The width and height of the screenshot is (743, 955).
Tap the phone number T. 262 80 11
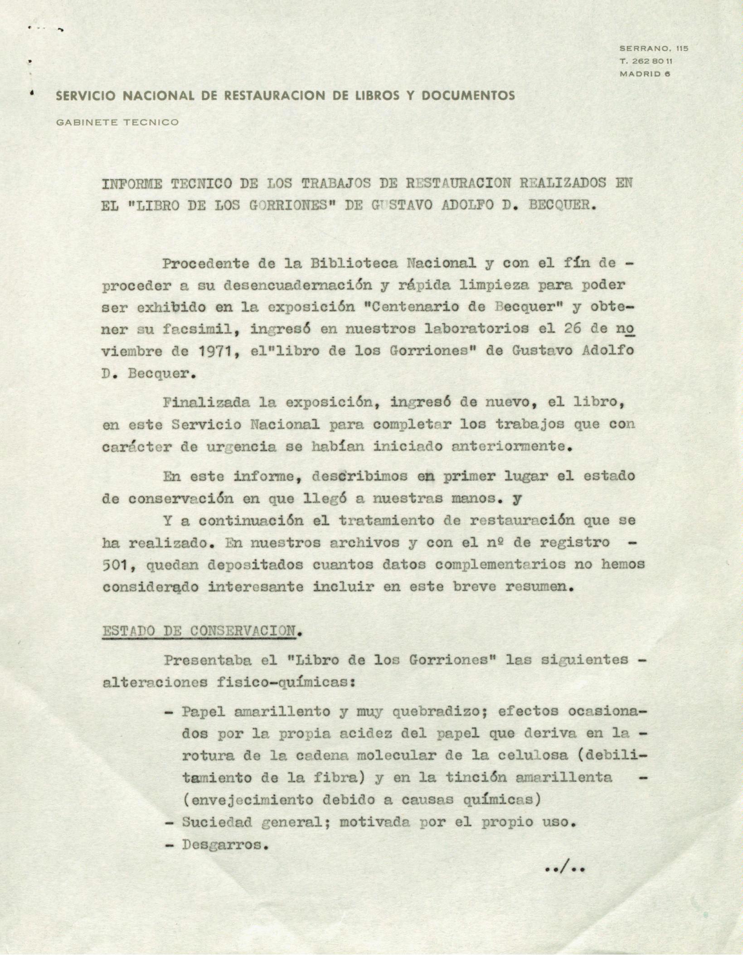(x=646, y=61)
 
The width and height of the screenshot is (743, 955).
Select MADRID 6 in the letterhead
(x=644, y=74)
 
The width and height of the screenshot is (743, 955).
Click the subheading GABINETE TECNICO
(x=117, y=122)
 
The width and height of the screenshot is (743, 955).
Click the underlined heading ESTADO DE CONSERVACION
(x=199, y=632)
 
